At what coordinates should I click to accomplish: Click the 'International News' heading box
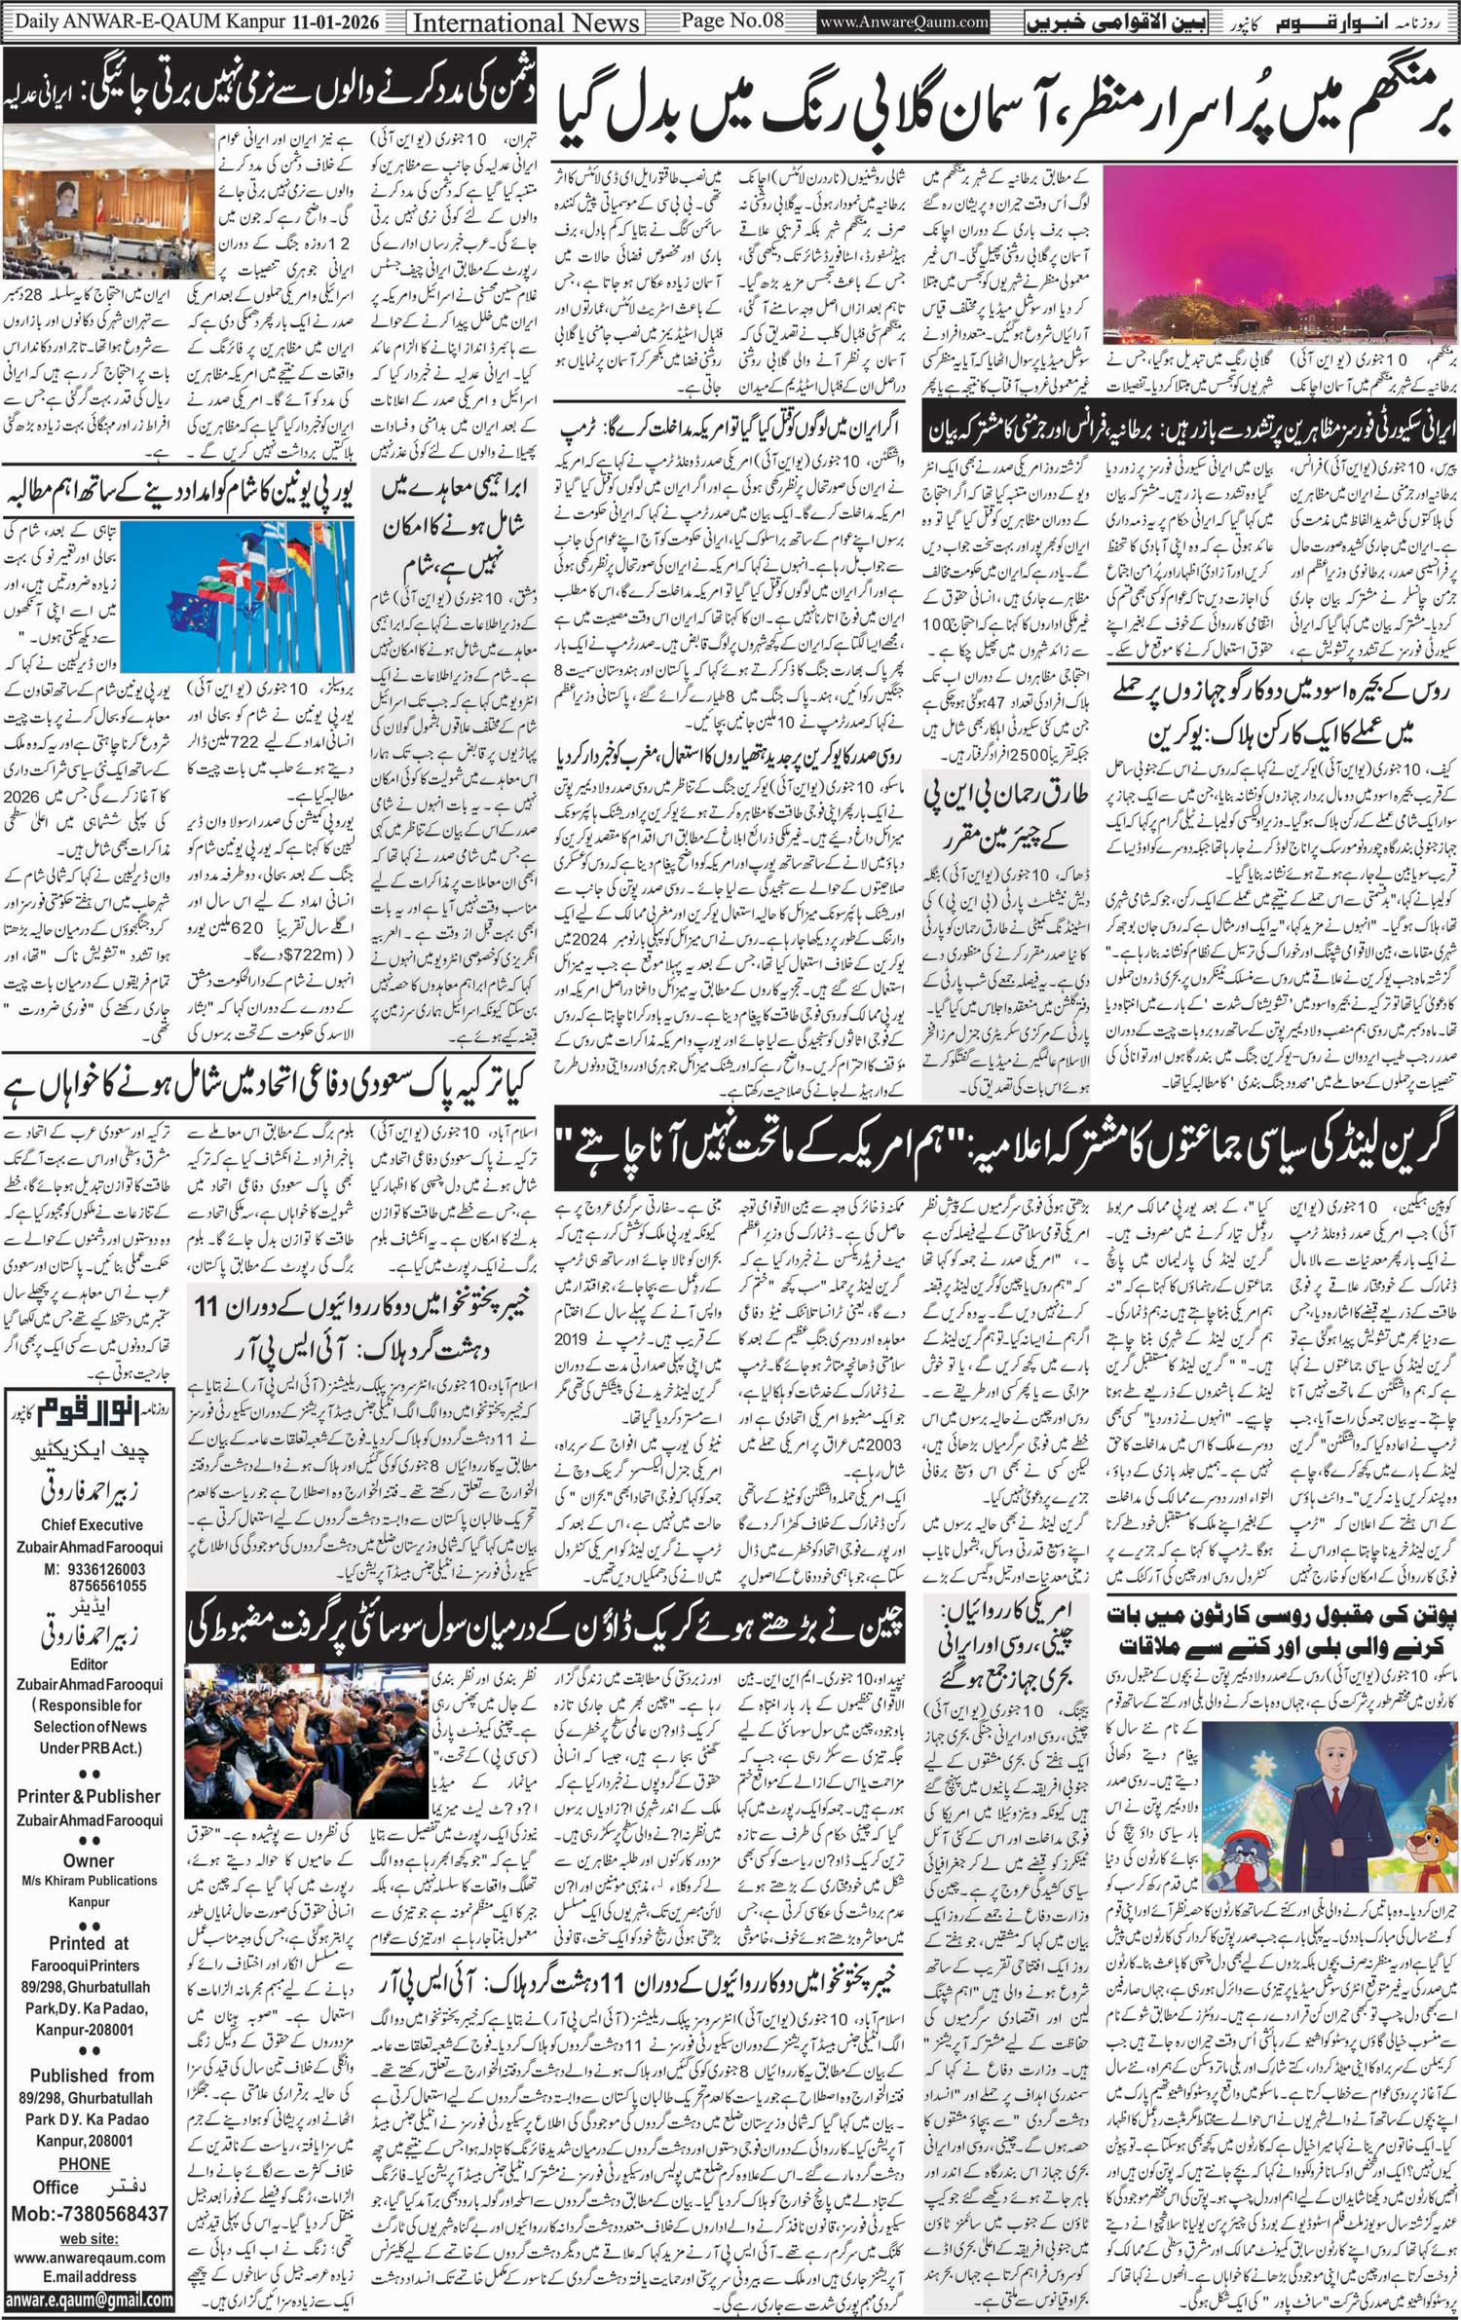click(x=526, y=22)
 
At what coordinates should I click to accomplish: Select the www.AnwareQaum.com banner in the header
click(x=905, y=21)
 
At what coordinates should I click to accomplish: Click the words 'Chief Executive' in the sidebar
click(x=92, y=1525)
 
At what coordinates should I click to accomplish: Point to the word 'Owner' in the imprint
click(x=89, y=1860)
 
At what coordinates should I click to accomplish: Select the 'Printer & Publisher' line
click(x=89, y=1796)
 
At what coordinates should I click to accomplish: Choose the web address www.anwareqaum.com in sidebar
click(x=89, y=2257)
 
